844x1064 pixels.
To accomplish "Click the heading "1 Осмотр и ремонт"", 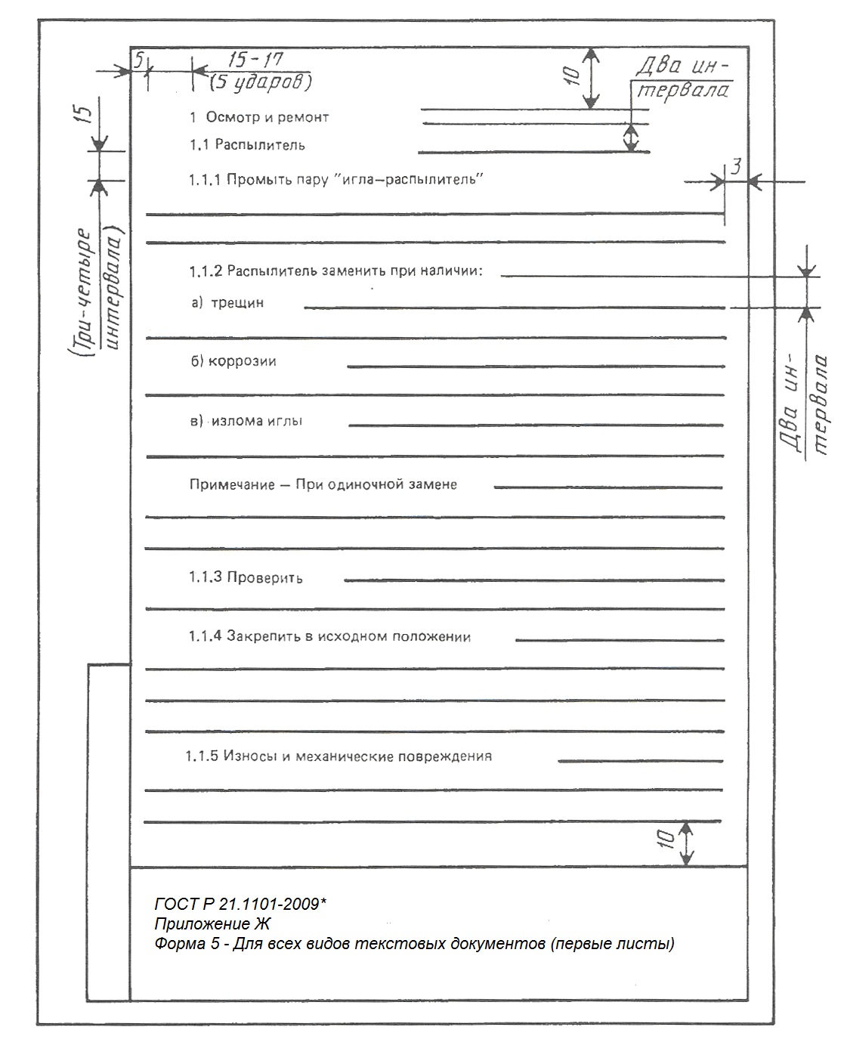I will (x=259, y=117).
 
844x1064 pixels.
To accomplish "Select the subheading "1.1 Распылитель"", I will (x=248, y=144).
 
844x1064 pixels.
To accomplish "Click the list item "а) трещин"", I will (x=227, y=303).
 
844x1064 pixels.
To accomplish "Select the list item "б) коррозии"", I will (x=233, y=361).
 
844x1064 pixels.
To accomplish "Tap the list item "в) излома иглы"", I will (x=246, y=421).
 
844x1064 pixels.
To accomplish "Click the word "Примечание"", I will (x=232, y=484).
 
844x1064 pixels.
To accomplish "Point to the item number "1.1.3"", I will (x=205, y=577).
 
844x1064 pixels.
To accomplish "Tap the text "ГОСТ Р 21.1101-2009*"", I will (x=240, y=904).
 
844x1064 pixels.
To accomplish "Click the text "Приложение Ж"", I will (x=212, y=923).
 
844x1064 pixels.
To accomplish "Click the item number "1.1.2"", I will (x=206, y=271).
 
